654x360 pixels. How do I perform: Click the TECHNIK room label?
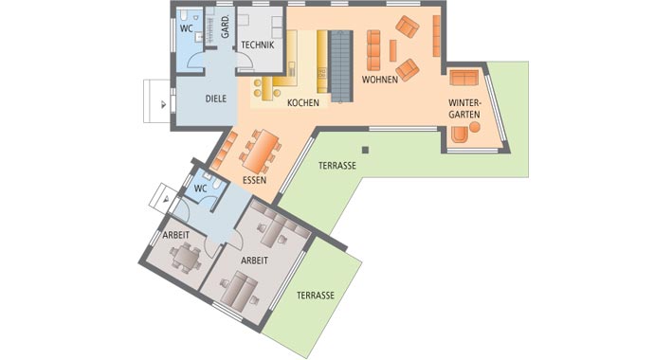click(x=258, y=45)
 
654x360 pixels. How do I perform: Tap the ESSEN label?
click(x=254, y=179)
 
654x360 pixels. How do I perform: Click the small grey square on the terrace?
click(x=365, y=149)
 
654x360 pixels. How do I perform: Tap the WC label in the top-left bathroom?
click(x=186, y=29)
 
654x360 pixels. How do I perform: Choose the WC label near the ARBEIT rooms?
click(x=200, y=188)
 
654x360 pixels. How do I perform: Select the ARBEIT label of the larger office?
click(x=253, y=259)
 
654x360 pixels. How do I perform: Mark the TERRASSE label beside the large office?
click(x=316, y=296)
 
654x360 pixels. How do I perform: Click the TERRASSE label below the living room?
click(x=337, y=165)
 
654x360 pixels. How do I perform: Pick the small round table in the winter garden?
click(x=461, y=135)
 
